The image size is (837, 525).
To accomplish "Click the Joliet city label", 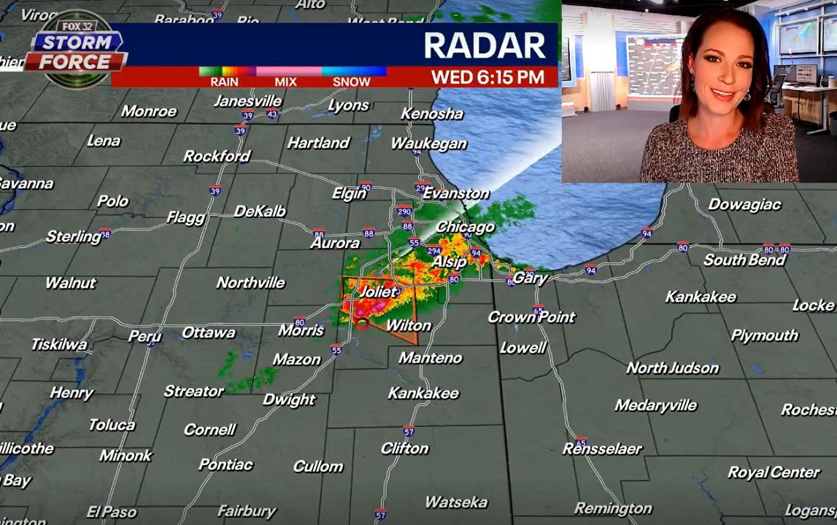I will [379, 292].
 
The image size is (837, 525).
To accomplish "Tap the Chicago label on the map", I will [465, 227].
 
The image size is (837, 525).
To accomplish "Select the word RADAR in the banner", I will [485, 46].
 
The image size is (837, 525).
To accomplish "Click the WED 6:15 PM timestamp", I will [487, 77].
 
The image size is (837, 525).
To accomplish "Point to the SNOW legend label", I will [352, 82].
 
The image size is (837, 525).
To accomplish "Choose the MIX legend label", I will [285, 82].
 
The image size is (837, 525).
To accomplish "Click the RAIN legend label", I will [224, 82].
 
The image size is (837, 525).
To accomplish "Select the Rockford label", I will [217, 156].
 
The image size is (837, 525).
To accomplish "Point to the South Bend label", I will [744, 260].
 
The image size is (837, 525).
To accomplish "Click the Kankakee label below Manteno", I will [423, 393].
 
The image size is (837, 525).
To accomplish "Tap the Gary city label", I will [530, 278].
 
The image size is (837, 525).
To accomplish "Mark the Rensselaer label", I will [602, 448].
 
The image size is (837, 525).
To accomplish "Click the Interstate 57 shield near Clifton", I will [409, 431].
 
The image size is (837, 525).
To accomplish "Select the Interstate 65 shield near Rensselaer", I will [581, 442].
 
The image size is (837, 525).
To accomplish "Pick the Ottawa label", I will [209, 332].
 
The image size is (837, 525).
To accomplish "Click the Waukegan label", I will [428, 144].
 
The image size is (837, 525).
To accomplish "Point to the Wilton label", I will [408, 325].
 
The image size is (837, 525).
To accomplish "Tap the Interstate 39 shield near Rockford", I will [215, 191].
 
